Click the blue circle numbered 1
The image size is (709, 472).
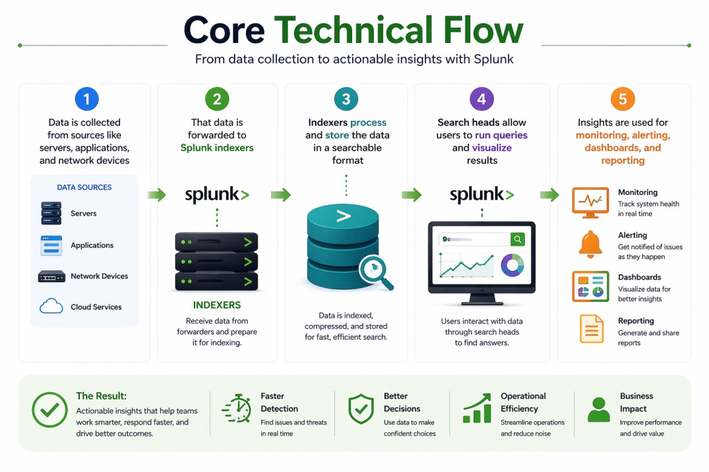click(86, 99)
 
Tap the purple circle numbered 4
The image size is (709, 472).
click(481, 99)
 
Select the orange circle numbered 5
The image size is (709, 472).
click(623, 99)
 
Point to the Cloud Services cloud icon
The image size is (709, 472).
click(51, 307)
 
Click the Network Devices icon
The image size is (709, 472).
click(51, 277)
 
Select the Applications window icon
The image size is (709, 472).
click(51, 245)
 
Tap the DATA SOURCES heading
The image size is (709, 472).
click(84, 187)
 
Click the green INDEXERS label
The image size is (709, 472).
click(217, 305)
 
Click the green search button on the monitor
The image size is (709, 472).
click(518, 239)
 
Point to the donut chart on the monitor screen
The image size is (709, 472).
click(512, 265)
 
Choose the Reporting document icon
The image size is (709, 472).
click(591, 329)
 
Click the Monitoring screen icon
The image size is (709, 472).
click(590, 202)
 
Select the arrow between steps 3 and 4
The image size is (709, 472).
click(412, 194)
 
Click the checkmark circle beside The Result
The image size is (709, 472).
click(49, 410)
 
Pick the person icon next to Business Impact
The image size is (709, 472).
click(598, 409)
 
